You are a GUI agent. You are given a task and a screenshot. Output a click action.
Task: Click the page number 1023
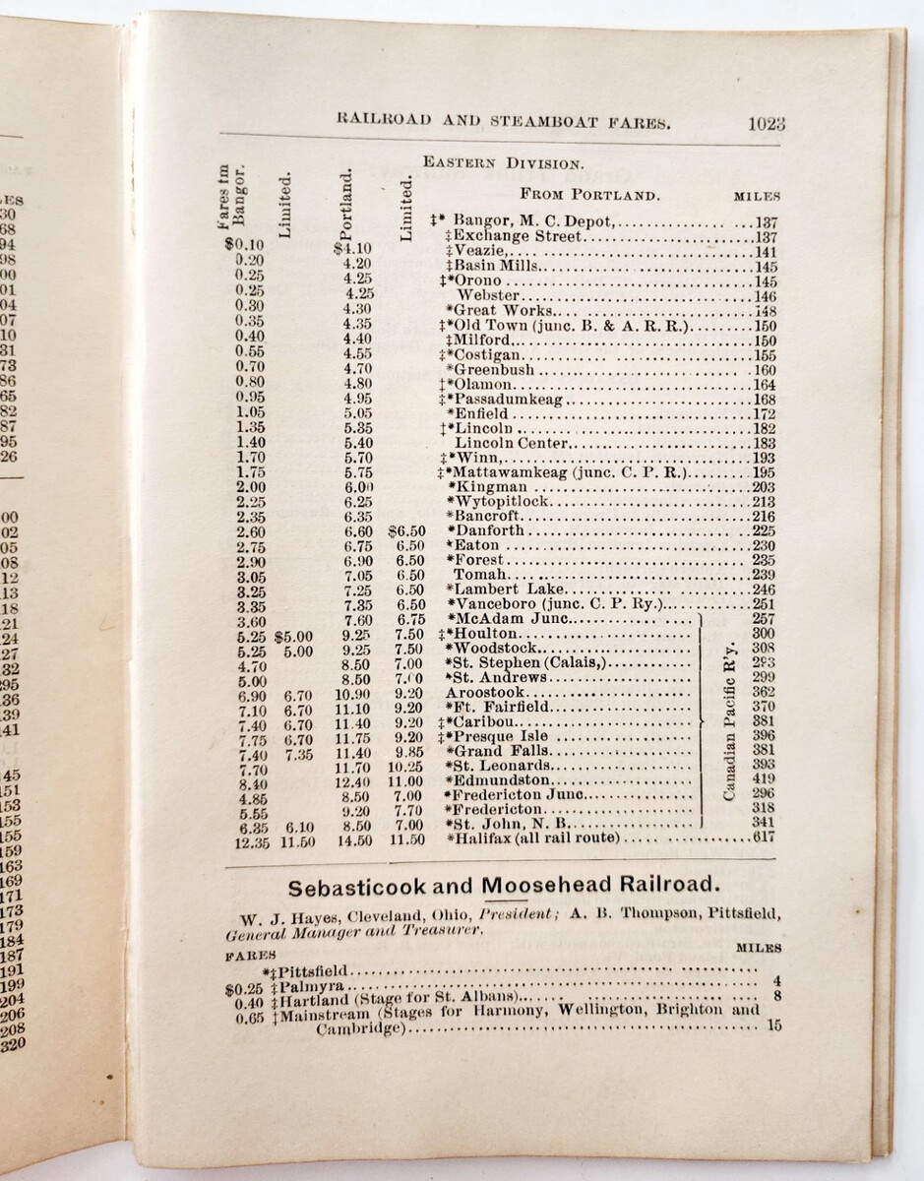(x=766, y=124)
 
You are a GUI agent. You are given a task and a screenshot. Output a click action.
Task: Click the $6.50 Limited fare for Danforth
(x=406, y=530)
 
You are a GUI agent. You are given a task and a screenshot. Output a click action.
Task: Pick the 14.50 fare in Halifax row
(x=357, y=839)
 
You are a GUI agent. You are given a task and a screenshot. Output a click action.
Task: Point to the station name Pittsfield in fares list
(x=320, y=971)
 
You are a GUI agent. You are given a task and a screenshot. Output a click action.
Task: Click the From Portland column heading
(x=589, y=194)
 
